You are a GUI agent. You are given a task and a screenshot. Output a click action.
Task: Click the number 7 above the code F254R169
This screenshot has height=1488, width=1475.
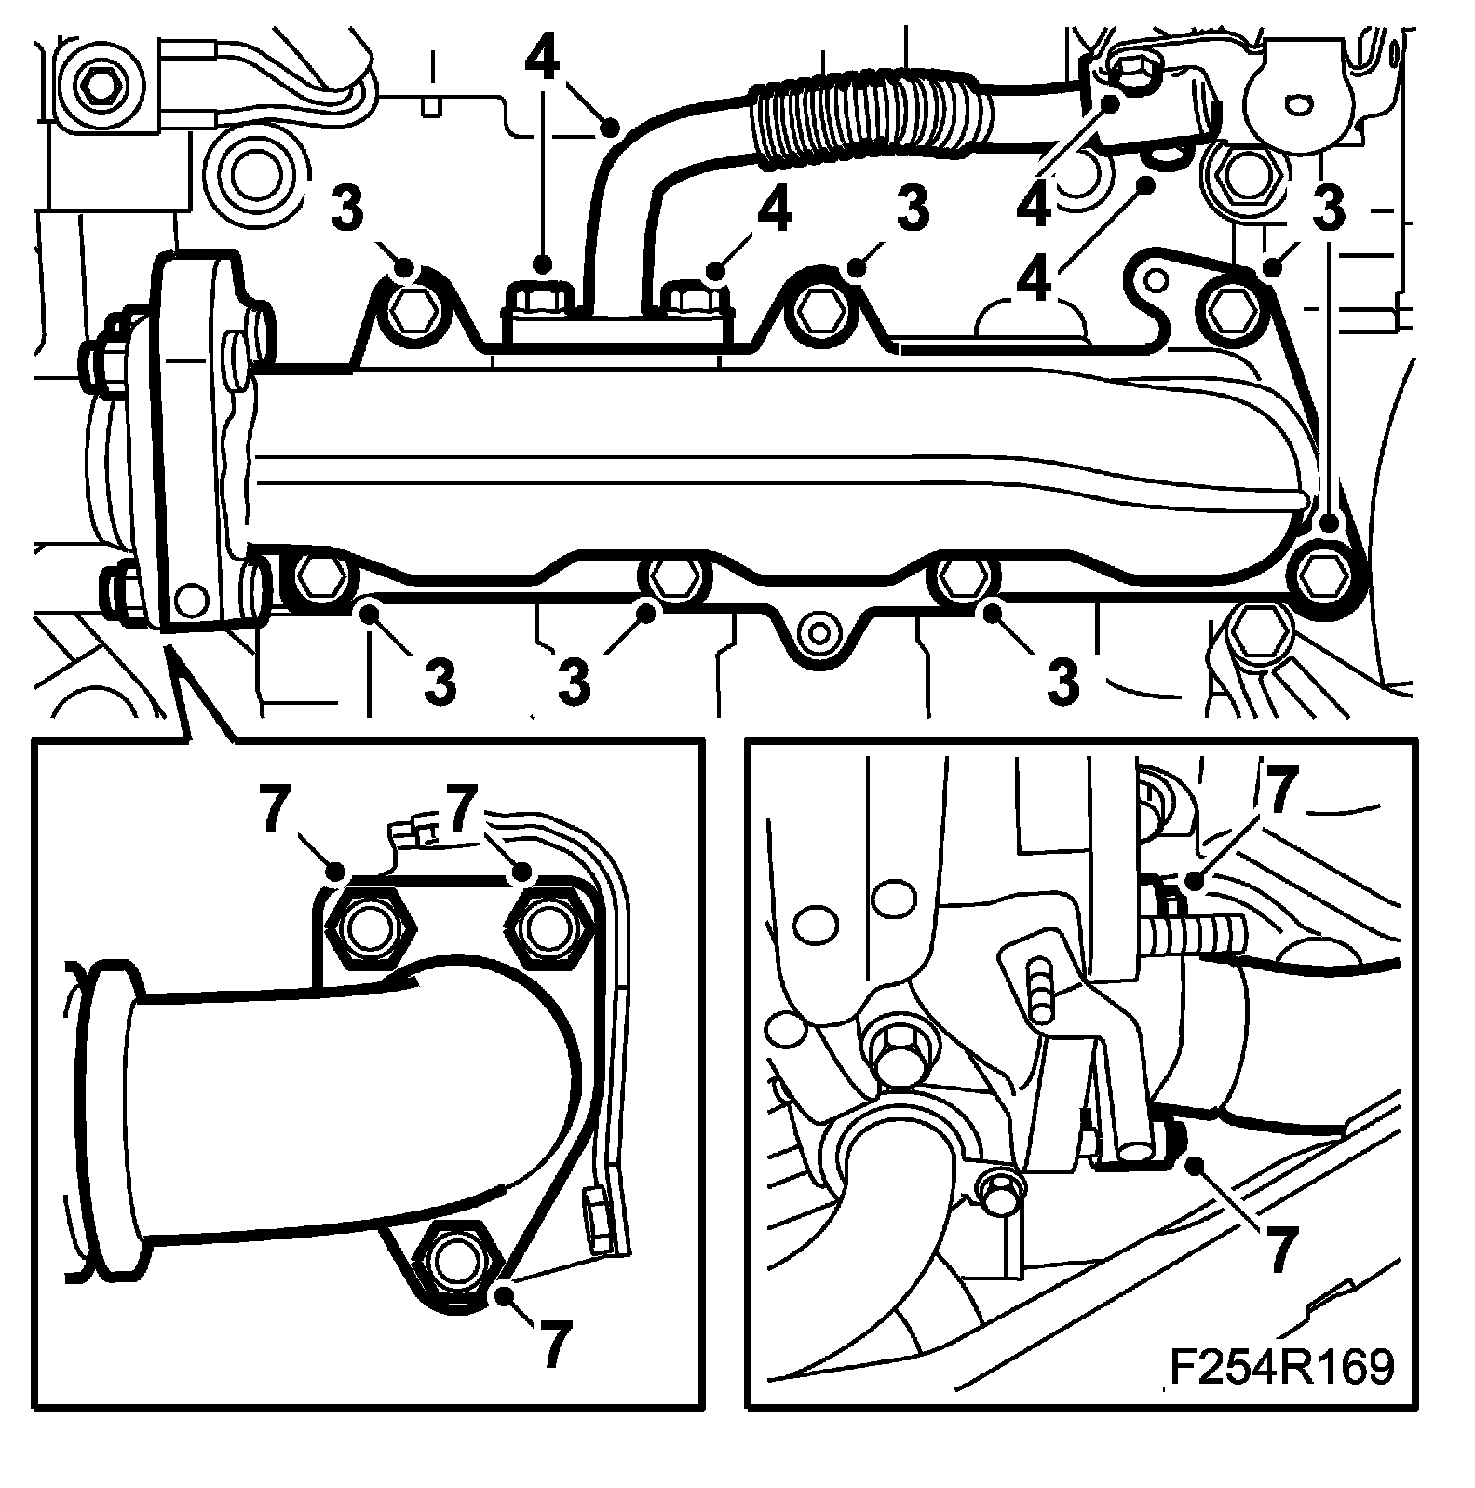1279,1250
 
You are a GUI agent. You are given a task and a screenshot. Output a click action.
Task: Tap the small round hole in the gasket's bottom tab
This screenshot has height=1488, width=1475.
819,632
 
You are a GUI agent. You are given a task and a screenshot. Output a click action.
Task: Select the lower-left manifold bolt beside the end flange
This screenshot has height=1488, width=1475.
320,578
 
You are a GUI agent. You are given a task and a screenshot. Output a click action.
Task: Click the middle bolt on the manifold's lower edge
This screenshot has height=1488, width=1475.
671,577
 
